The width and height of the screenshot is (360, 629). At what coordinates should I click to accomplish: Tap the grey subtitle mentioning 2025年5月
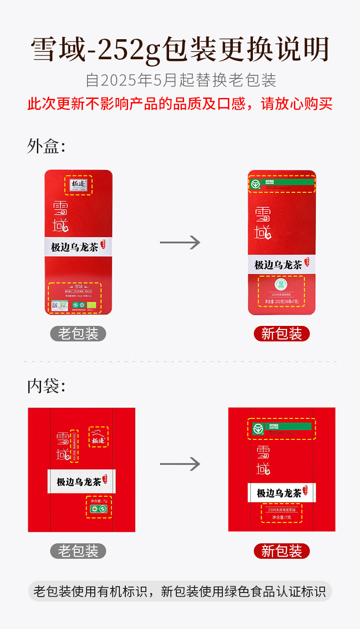pos(181,80)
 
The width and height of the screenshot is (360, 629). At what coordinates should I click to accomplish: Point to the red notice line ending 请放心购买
pos(180,104)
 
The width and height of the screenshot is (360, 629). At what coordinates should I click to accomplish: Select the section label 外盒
pos(46,146)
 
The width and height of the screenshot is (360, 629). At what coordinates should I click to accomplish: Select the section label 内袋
pos(46,386)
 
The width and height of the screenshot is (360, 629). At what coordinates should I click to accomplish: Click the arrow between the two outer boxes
pos(180,242)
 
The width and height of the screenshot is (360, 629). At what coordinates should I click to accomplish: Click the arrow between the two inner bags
pos(180,464)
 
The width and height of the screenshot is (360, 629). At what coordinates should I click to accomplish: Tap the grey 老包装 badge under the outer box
pos(78,334)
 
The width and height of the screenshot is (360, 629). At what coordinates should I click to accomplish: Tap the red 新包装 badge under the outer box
pos(282,334)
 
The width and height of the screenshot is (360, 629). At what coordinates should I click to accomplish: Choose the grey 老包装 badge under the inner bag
pos(78,551)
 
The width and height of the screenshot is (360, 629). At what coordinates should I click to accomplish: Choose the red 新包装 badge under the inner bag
pos(282,551)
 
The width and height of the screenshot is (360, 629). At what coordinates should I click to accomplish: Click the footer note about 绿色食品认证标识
pos(180,592)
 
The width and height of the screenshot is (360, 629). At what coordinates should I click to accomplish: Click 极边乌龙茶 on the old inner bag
pos(78,482)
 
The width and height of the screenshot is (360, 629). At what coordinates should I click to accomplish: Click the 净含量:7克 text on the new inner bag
pos(282,517)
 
